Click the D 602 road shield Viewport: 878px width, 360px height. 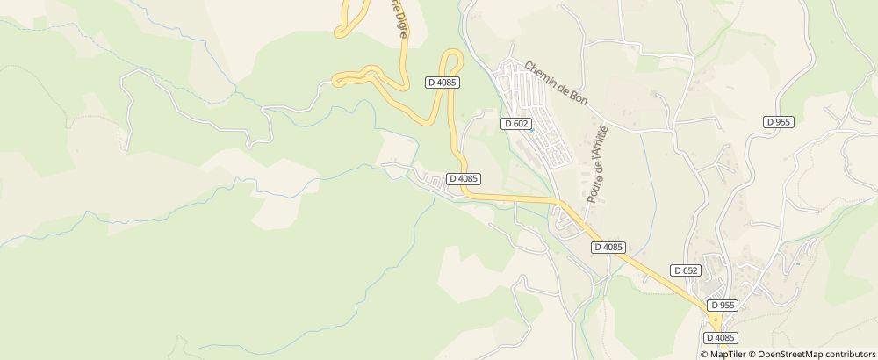516,124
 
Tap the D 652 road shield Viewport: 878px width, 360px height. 685,270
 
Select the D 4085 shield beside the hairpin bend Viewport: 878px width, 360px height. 443,83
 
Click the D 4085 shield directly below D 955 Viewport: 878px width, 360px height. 720,337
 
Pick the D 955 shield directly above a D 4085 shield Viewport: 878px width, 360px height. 723,305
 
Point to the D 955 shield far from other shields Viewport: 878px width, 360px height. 779,123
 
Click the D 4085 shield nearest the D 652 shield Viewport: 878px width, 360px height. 608,247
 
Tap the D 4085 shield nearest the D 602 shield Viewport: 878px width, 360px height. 464,178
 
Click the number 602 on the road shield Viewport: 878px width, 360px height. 520,124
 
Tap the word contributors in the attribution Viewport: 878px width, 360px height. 846,354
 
